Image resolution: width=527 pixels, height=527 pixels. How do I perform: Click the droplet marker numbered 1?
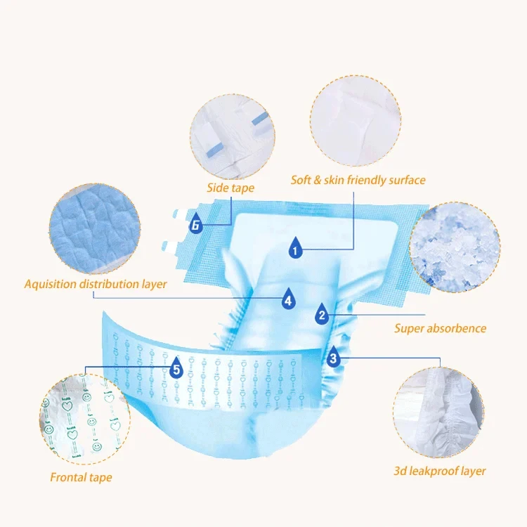pos(296,247)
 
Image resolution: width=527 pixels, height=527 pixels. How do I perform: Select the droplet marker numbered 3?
pos(333,357)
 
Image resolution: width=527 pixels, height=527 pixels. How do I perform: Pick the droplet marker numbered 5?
pos(176,367)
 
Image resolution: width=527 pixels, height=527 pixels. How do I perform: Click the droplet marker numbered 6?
pos(196,225)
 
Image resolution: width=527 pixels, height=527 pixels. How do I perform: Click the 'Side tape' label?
pos(230,188)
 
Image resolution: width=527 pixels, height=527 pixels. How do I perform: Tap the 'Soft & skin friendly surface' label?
pos(358,180)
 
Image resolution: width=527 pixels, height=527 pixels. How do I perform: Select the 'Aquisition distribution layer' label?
pos(96,285)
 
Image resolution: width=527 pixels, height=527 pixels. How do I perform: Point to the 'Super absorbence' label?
pos(440,328)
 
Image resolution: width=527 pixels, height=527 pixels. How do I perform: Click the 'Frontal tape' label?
pos(81,478)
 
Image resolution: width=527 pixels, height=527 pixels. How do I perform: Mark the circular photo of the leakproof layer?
pos(438,410)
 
